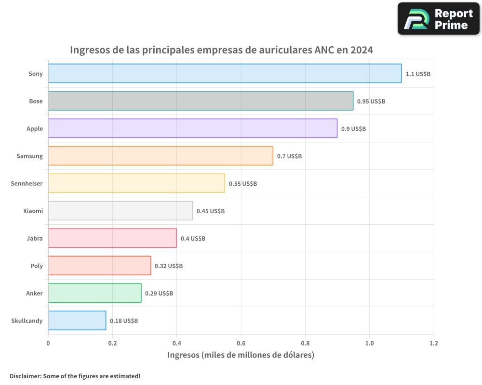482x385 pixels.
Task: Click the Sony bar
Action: (225, 74)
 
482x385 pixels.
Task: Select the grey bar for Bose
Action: (201, 101)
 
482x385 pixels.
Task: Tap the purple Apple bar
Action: (192, 128)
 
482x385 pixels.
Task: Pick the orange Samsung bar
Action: (161, 156)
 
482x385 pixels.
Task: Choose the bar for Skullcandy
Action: (77, 321)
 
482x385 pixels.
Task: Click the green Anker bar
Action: (94, 293)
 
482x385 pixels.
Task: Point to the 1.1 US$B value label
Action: (418, 74)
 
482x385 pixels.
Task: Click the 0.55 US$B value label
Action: (243, 184)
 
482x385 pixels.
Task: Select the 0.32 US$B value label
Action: (169, 266)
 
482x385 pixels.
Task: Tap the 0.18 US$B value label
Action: (124, 321)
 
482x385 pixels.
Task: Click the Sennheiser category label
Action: (27, 183)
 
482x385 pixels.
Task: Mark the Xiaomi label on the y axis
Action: (33, 211)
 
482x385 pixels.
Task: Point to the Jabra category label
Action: (35, 238)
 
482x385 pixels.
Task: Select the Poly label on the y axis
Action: (37, 266)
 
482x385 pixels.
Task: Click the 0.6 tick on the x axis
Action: (241, 344)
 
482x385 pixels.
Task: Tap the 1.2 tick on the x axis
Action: (434, 344)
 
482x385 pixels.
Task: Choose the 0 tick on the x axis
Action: (48, 344)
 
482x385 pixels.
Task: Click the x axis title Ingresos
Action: (241, 355)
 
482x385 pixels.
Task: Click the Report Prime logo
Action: (438, 19)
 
